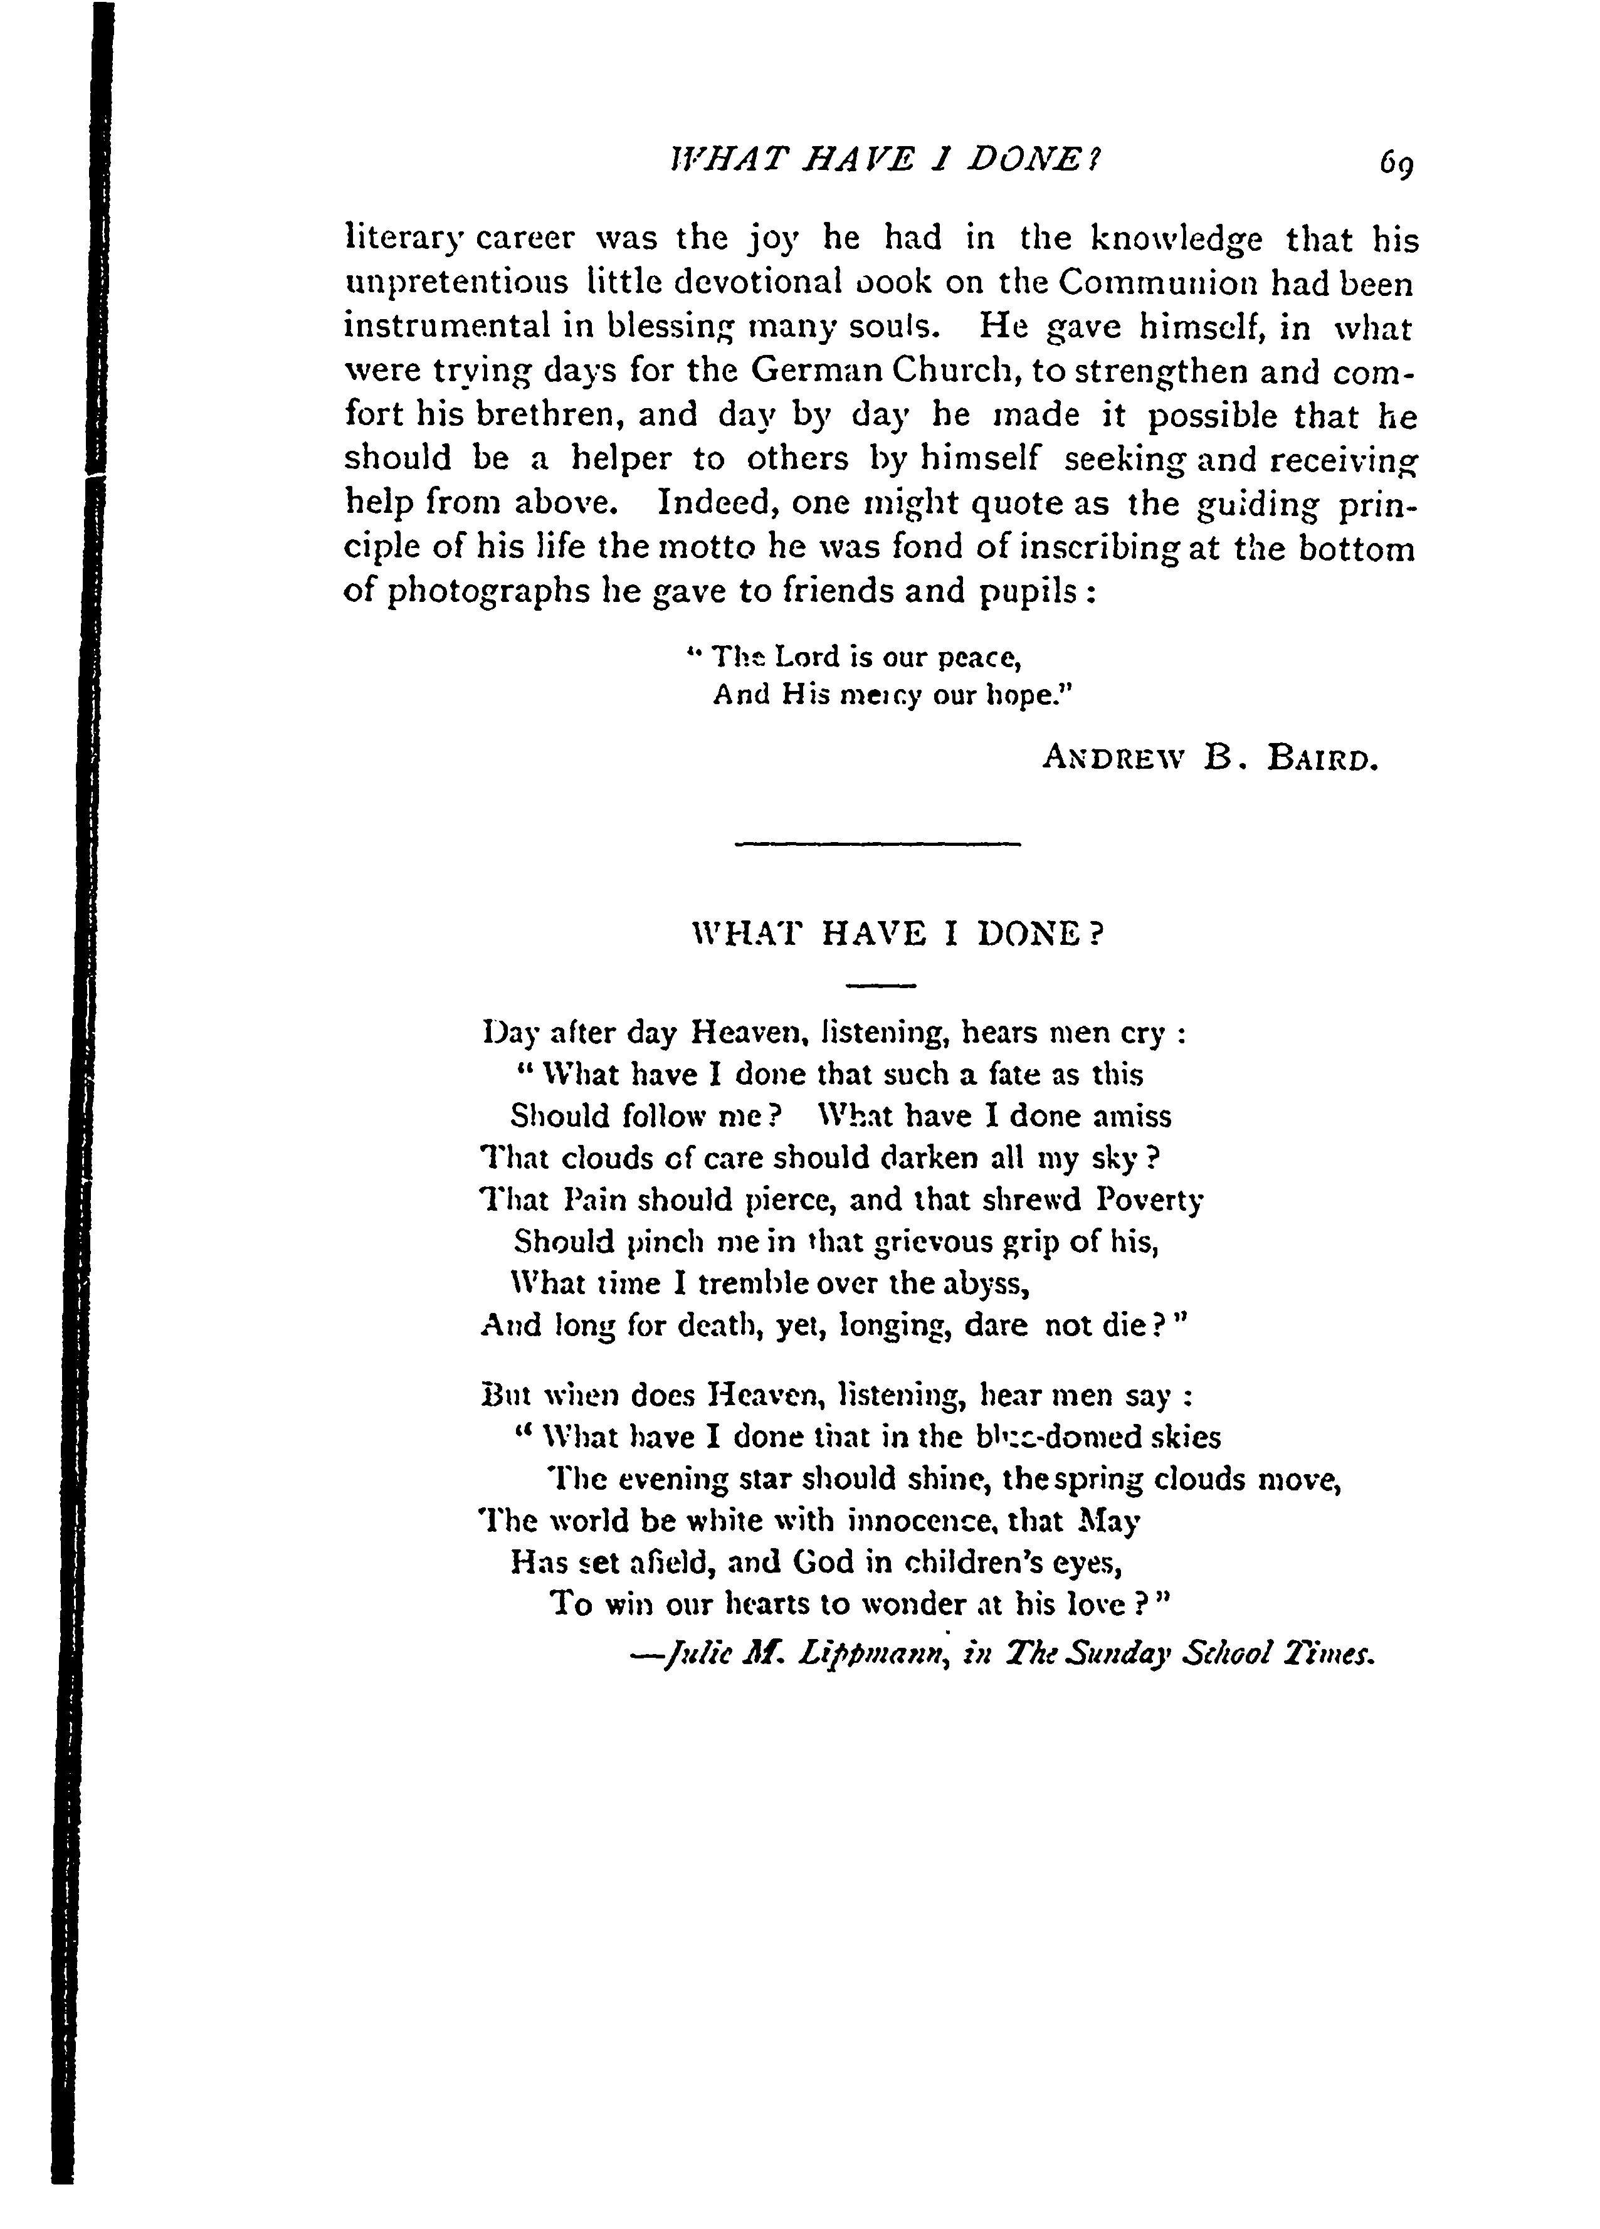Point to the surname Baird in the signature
click(1325, 759)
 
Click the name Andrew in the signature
click(1115, 759)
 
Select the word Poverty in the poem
click(1151, 1201)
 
